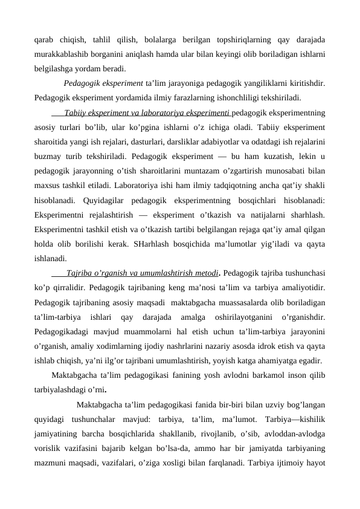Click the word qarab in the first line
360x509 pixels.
(45, 42)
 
